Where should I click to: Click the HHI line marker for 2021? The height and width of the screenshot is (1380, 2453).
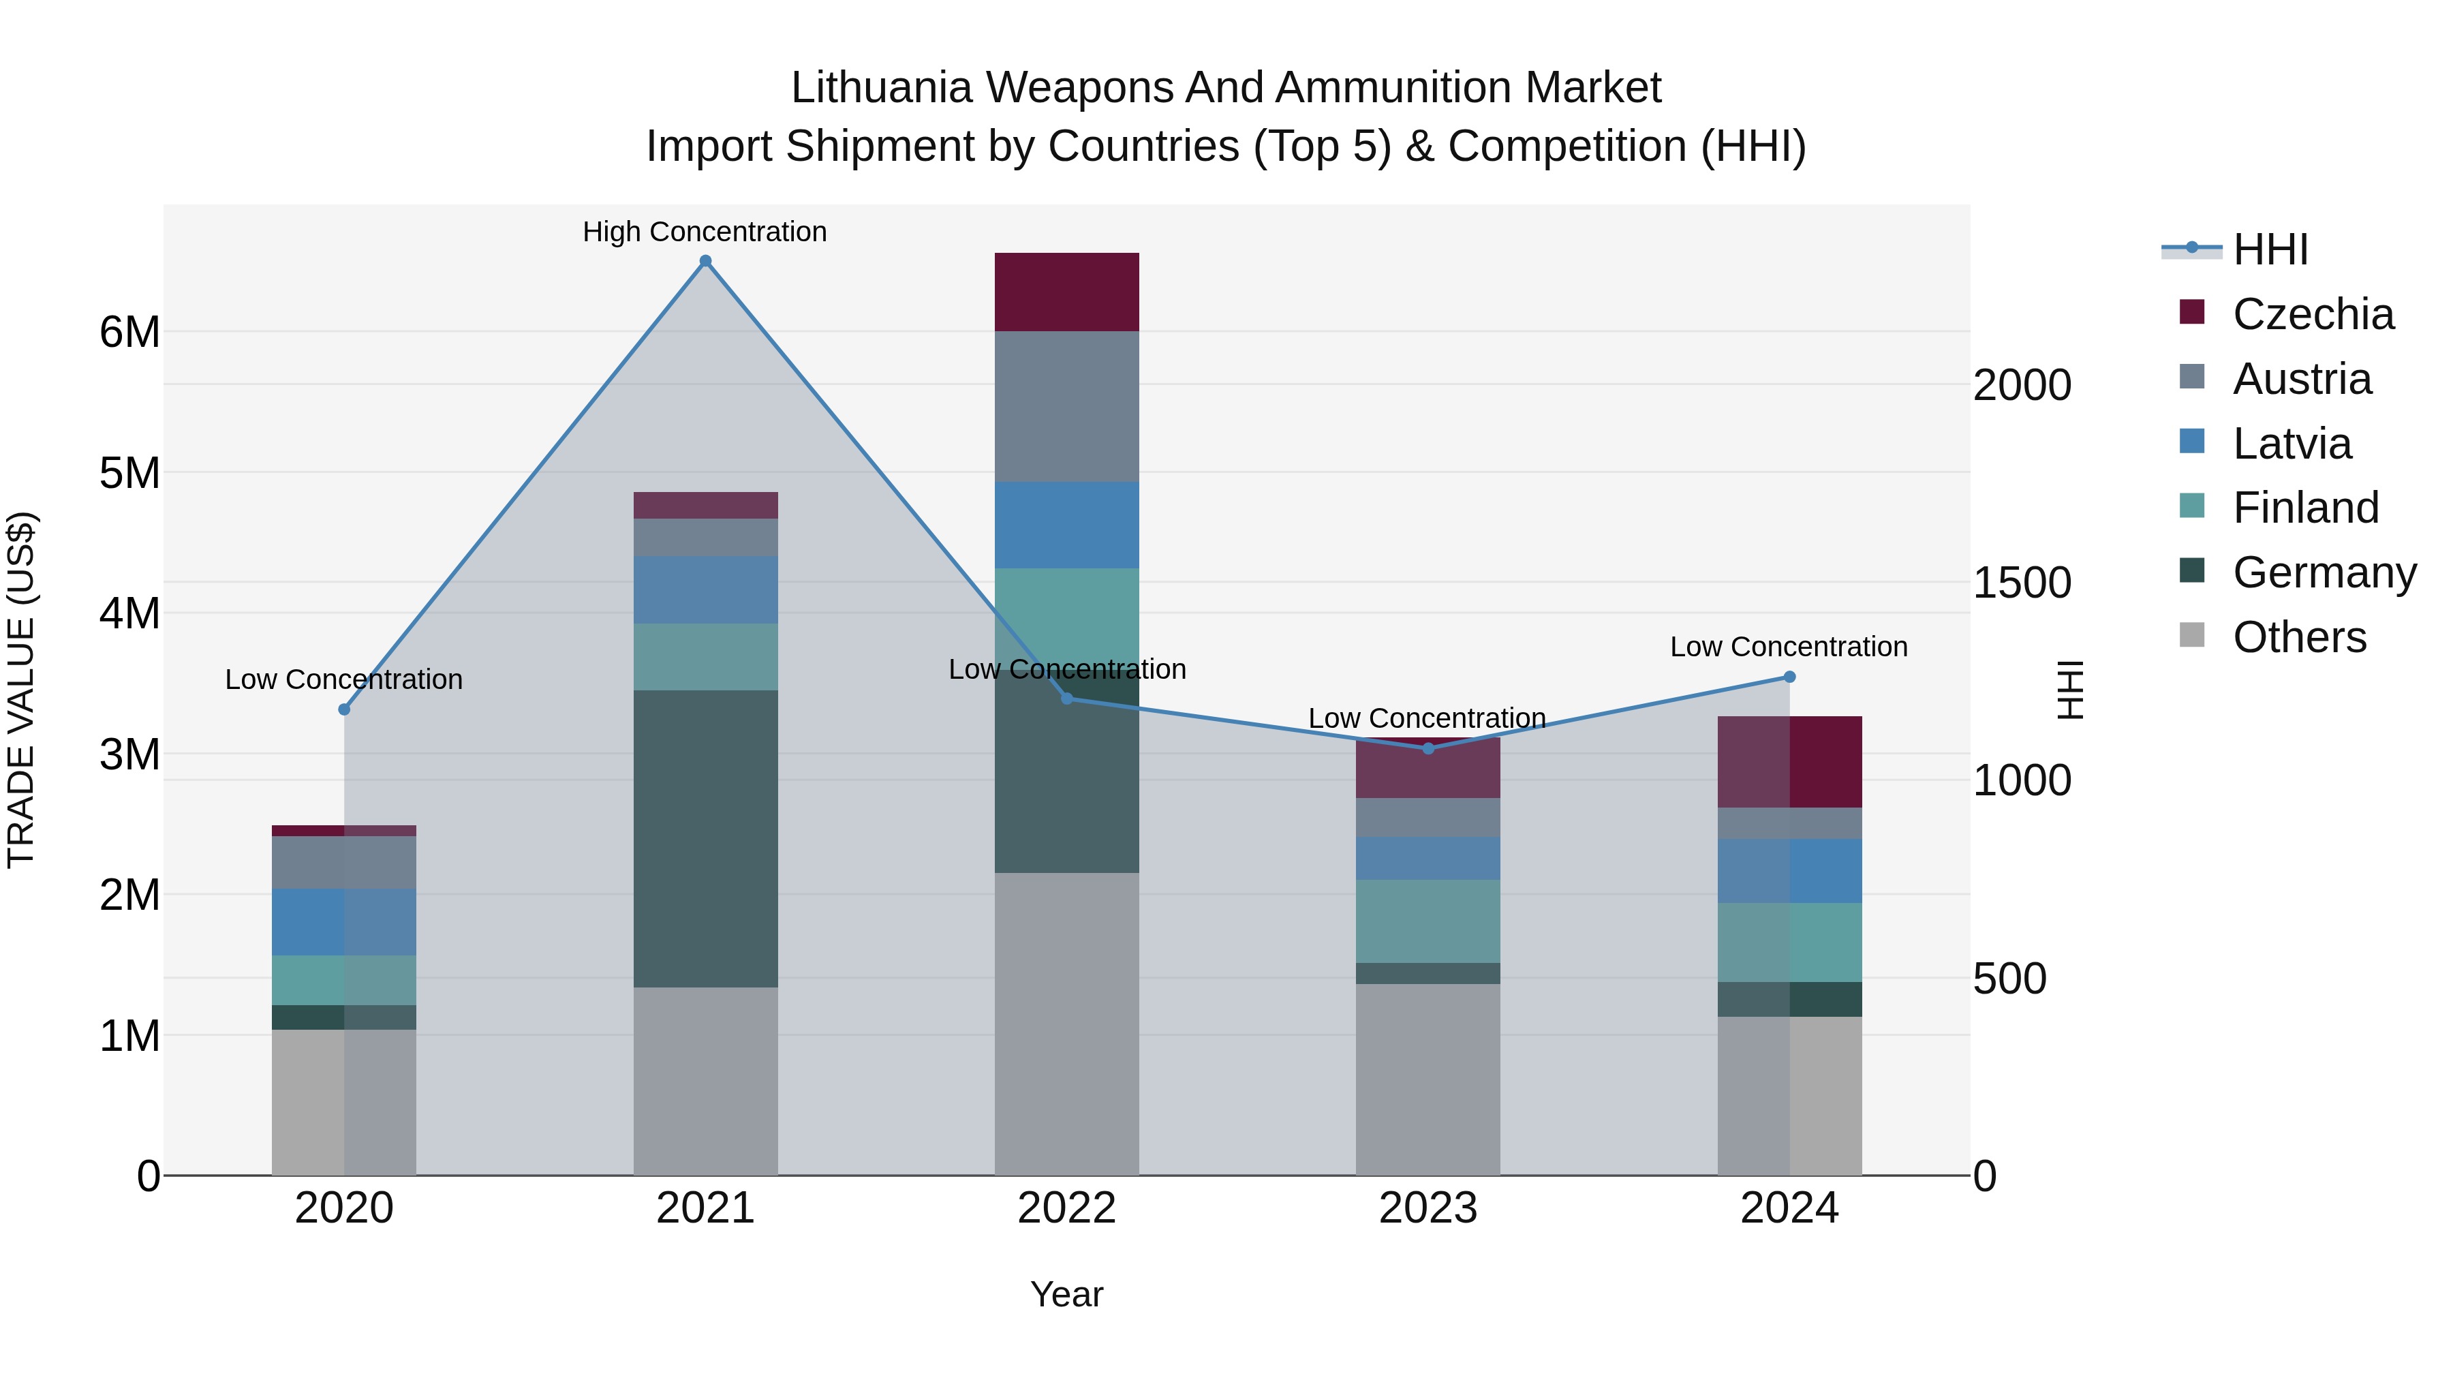[706, 261]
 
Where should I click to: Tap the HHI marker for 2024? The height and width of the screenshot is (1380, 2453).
[1789, 677]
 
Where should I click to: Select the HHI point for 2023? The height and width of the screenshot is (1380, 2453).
[1428, 748]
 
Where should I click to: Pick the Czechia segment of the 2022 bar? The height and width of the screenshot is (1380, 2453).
[1066, 292]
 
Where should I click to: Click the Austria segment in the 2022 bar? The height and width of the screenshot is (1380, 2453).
[1066, 407]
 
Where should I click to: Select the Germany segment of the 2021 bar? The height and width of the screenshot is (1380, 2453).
[706, 838]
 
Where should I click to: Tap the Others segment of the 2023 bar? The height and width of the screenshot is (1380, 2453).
[1428, 1079]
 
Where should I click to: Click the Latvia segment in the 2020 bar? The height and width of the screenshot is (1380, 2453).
[344, 922]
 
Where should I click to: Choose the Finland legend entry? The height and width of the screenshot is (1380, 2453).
[2304, 508]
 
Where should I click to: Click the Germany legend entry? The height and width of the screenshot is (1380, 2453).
[2324, 572]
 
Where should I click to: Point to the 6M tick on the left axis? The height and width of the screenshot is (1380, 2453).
[129, 333]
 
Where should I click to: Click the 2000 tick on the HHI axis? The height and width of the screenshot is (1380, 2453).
[2022, 385]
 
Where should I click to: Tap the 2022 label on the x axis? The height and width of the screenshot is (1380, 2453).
[1066, 1208]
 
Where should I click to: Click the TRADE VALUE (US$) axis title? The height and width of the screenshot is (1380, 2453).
[21, 690]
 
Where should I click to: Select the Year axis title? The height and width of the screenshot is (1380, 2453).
[1066, 1294]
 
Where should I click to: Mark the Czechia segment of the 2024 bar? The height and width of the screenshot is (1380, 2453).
[1789, 762]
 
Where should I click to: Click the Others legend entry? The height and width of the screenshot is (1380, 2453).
[2299, 637]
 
